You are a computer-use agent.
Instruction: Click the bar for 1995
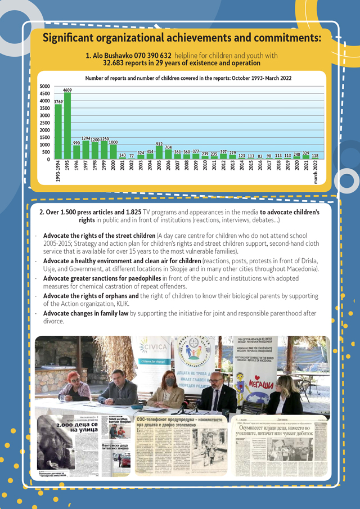pyautogui.click(x=67, y=126)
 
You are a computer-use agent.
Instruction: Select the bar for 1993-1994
pyautogui.click(x=58, y=132)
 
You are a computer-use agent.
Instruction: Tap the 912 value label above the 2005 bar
pyautogui.click(x=159, y=144)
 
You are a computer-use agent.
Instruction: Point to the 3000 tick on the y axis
pyautogui.click(x=44, y=115)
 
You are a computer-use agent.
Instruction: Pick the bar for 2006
pyautogui.click(x=168, y=154)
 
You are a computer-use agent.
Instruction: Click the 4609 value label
pyautogui.click(x=67, y=90)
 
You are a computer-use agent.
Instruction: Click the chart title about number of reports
pyautogui.click(x=188, y=79)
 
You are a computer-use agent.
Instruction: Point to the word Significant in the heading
pyautogui.click(x=73, y=38)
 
